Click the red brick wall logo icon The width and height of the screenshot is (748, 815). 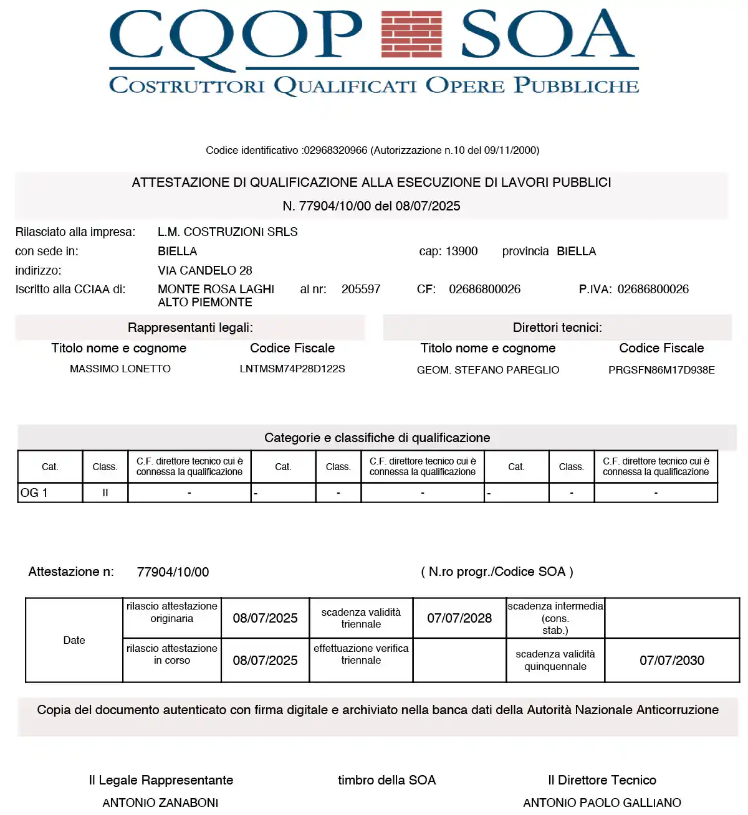tap(411, 34)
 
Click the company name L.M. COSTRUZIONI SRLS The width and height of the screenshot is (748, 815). tap(228, 232)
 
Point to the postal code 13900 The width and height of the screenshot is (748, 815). tap(461, 252)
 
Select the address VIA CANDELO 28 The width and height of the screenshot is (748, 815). tap(205, 271)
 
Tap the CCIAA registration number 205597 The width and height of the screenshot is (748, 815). tap(361, 290)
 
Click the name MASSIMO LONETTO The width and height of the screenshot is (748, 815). tap(120, 369)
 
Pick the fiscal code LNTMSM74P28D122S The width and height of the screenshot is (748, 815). tap(292, 369)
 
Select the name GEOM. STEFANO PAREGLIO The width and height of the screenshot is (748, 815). tap(488, 370)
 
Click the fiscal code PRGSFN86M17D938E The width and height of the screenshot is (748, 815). tap(661, 370)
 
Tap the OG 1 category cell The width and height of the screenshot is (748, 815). tap(50, 493)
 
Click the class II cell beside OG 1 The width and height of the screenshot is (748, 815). tap(105, 493)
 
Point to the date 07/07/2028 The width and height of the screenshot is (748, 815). tap(459, 618)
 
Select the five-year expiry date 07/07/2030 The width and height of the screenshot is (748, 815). tap(672, 661)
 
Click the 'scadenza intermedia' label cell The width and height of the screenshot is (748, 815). tap(555, 618)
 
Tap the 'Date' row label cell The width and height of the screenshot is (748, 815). tap(74, 641)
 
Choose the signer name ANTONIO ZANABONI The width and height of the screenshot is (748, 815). tap(160, 803)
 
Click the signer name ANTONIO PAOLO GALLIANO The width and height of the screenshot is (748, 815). tap(602, 803)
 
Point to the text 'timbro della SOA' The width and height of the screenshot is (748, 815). tap(386, 781)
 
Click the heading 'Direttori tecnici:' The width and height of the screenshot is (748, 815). tap(557, 328)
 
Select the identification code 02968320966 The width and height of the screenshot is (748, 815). tap(335, 151)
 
